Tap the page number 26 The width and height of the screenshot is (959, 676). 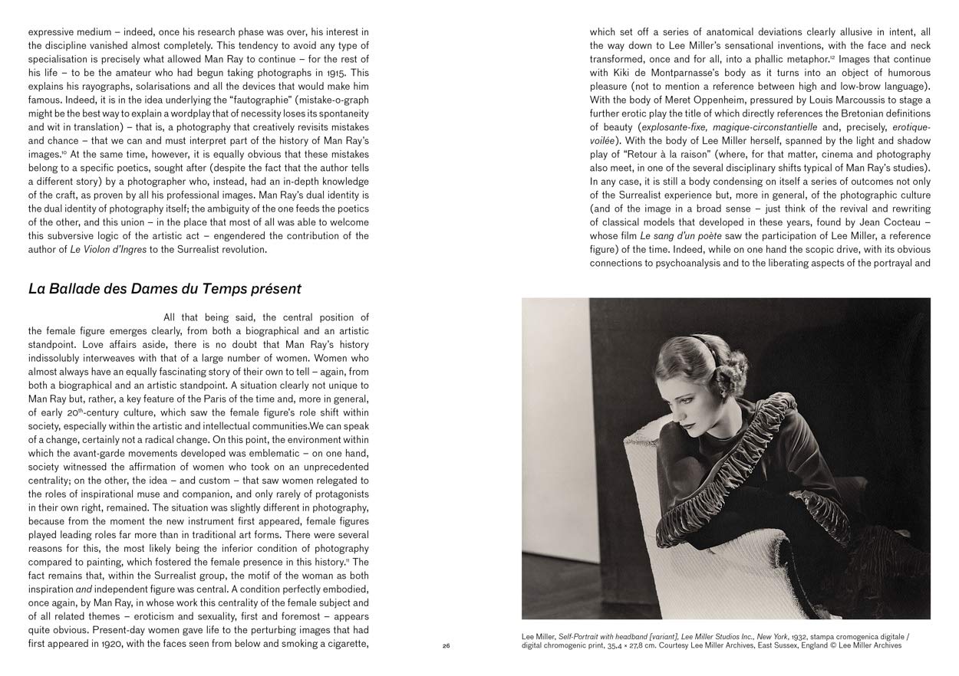tap(447, 646)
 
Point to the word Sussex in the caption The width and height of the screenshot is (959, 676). tap(826, 646)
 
